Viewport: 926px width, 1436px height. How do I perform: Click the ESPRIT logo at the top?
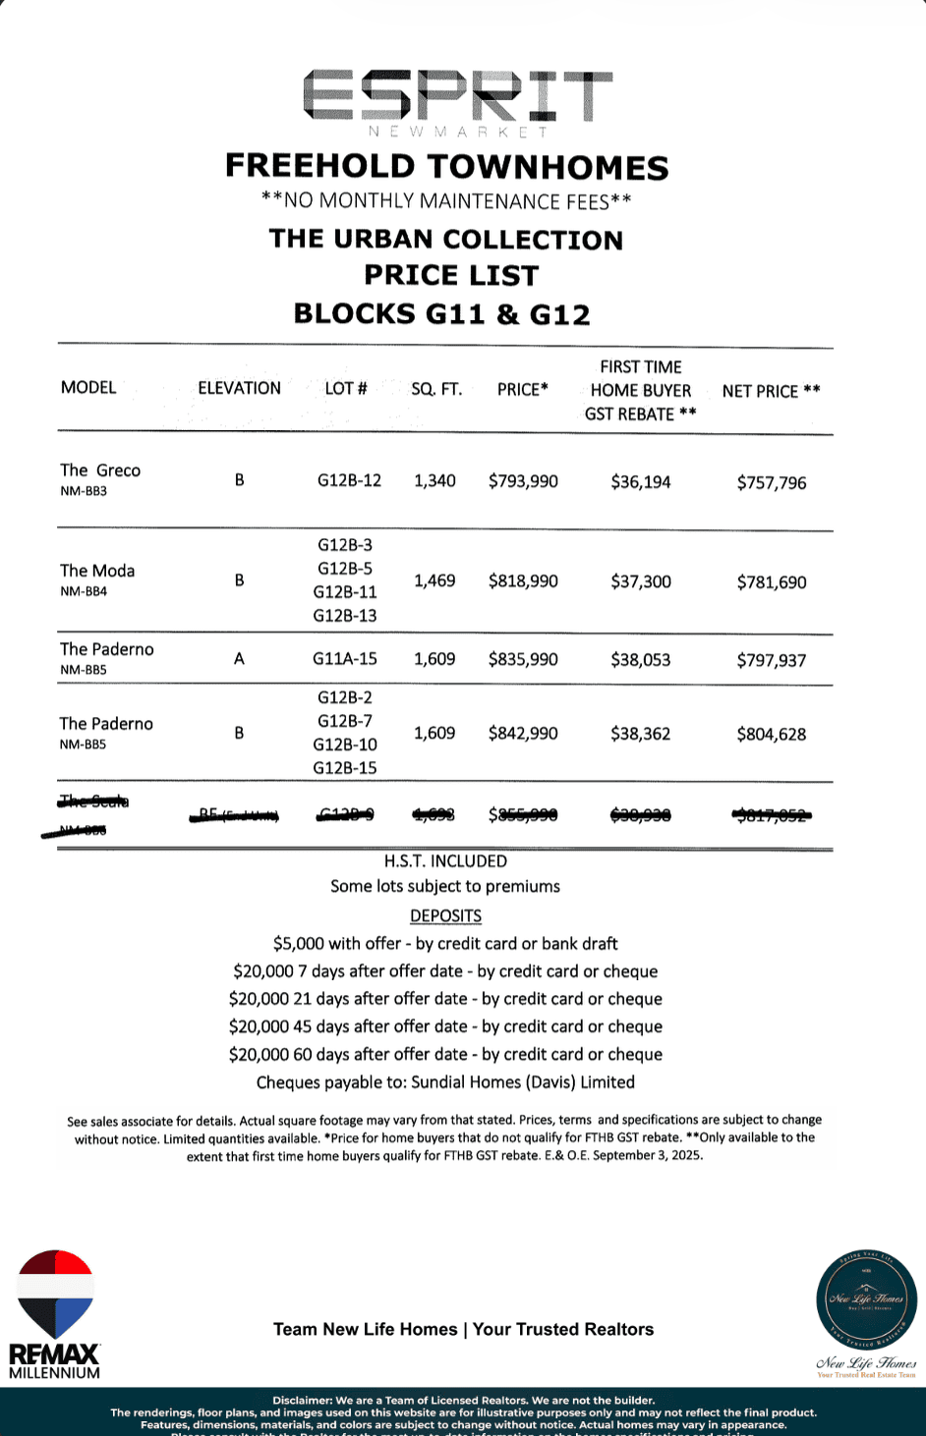(x=457, y=98)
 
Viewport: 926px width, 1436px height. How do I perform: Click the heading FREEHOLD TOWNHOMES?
(x=447, y=167)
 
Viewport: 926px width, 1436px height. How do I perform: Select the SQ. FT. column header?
(x=436, y=389)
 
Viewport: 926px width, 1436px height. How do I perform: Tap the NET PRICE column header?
(x=771, y=391)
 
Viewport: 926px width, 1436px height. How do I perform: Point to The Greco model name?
(x=100, y=470)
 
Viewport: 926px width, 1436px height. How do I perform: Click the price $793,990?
(x=523, y=481)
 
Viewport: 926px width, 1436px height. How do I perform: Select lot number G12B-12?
(x=349, y=480)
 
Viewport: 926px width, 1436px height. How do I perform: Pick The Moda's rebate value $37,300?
(x=641, y=581)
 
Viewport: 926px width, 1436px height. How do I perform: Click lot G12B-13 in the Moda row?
(x=345, y=616)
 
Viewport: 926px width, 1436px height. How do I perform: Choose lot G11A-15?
(x=345, y=659)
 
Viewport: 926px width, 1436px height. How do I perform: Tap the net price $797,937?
(x=772, y=660)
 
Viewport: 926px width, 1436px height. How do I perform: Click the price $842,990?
(x=523, y=734)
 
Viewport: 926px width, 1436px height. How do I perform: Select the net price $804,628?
(x=772, y=734)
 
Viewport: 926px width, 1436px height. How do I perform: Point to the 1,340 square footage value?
(x=434, y=480)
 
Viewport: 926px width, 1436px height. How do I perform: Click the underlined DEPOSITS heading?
(x=445, y=915)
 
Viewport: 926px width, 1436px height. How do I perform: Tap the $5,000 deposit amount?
(x=298, y=944)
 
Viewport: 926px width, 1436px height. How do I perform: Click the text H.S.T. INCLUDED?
(x=445, y=861)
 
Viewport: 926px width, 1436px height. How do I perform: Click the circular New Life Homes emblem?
(x=866, y=1300)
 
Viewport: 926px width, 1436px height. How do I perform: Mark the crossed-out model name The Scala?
(x=94, y=801)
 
